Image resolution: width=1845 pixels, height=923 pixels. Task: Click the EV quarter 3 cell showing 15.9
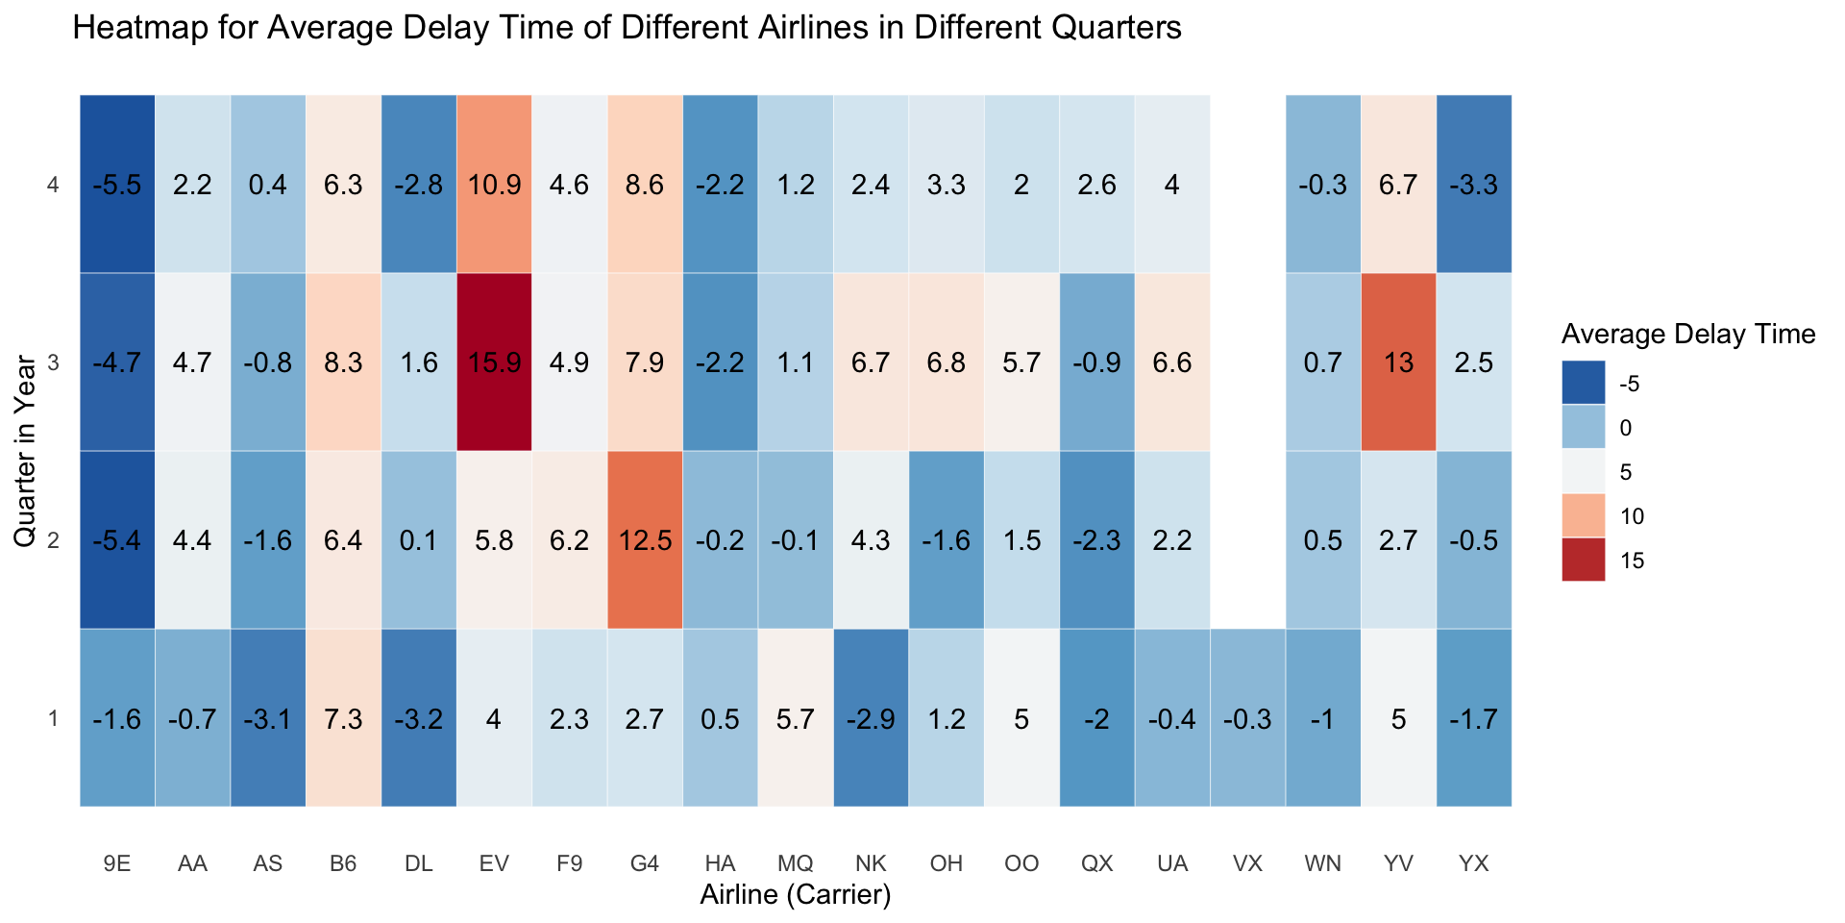click(x=494, y=362)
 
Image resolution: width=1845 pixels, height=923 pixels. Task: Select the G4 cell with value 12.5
click(x=645, y=540)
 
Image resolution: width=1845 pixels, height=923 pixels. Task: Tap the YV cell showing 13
click(x=1398, y=362)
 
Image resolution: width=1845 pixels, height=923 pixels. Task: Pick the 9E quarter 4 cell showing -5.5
click(x=117, y=185)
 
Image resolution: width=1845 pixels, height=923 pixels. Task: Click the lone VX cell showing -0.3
click(x=1247, y=718)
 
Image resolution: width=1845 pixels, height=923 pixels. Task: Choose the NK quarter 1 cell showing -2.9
click(x=871, y=718)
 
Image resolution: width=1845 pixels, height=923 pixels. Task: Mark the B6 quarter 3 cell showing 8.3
click(x=343, y=362)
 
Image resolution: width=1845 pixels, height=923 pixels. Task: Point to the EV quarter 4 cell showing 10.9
click(x=494, y=185)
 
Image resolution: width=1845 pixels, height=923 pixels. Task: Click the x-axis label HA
click(x=720, y=863)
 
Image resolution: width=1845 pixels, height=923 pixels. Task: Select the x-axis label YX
click(x=1473, y=863)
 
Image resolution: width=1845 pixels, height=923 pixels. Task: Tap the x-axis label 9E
click(x=117, y=863)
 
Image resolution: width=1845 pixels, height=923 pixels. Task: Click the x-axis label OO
click(x=1021, y=863)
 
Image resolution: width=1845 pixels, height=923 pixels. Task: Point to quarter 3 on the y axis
click(x=54, y=362)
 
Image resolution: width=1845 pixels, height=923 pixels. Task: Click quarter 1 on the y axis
click(x=54, y=718)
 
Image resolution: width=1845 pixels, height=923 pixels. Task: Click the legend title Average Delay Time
click(x=1687, y=335)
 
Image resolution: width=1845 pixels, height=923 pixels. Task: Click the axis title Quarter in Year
click(x=25, y=452)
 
